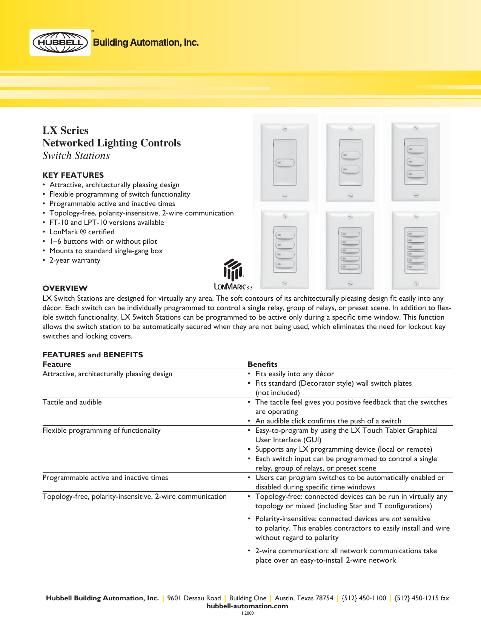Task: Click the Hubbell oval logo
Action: [60, 42]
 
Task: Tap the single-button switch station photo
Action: [285, 163]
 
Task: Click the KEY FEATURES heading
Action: [73, 175]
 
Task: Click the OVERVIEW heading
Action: [65, 288]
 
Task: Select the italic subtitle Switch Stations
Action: [76, 155]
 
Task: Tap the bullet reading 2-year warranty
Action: [75, 260]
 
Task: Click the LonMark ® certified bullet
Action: [82, 232]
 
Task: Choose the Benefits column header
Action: [262, 364]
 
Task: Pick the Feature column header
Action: [57, 364]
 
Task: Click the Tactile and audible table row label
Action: [72, 402]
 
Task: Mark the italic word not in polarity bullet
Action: [396, 519]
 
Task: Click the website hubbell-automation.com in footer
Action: [247, 606]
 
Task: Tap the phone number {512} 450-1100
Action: [364, 598]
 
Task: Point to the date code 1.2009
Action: [247, 613]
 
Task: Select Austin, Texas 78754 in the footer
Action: [304, 598]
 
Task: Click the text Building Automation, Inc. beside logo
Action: [146, 43]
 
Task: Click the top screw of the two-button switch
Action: [350, 129]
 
